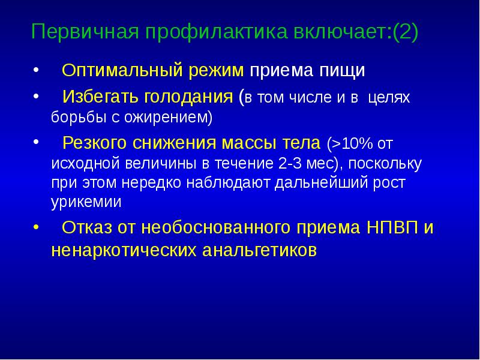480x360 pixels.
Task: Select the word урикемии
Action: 86,202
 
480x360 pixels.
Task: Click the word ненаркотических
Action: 125,248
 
